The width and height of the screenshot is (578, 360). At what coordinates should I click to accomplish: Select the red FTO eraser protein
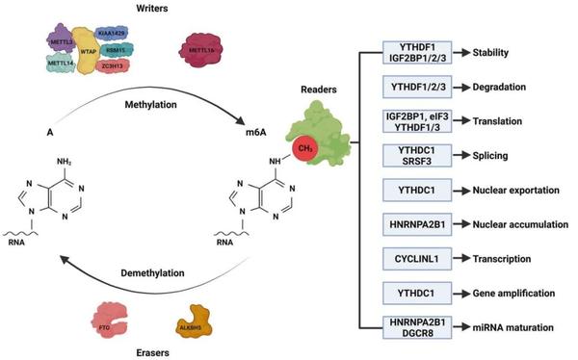coord(104,316)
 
